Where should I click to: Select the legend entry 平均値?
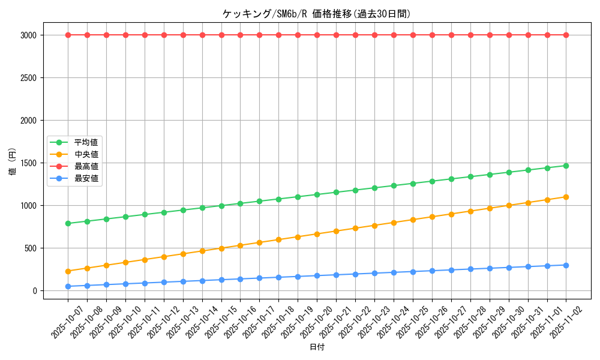tap(86, 142)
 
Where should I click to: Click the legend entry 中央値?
tap(86, 154)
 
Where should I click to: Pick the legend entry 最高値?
tap(86, 166)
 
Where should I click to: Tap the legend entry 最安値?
tap(86, 178)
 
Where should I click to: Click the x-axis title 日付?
tap(317, 347)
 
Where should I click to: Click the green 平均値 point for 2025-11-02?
tap(566, 166)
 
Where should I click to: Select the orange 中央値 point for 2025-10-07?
tap(68, 271)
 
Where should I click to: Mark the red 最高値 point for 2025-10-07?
tap(68, 35)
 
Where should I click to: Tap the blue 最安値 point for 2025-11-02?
tap(566, 265)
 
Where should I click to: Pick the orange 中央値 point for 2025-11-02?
tap(566, 197)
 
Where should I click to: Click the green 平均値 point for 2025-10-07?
tap(68, 223)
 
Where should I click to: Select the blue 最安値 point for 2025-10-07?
tap(68, 286)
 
